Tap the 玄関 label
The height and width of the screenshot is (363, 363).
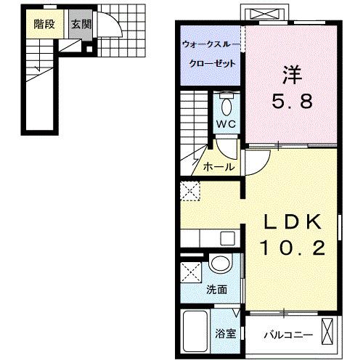81,23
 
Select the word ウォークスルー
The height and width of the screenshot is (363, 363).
208,45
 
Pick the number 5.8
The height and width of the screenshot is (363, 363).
293,101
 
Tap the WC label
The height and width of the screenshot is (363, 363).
227,123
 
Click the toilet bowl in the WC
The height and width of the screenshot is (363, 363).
227,107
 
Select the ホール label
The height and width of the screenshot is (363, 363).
219,167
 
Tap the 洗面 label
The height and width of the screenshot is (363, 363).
216,289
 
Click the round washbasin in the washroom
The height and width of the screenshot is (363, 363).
219,265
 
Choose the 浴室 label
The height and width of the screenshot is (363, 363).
226,334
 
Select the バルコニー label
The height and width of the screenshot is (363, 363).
288,334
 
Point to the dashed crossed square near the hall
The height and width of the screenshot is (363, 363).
191,192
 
